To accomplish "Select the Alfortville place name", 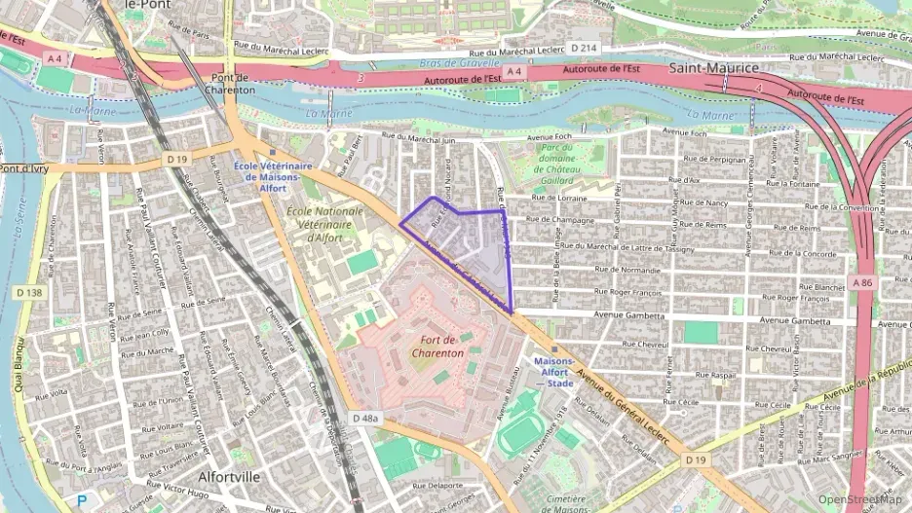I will [229, 477].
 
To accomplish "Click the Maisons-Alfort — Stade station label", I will [553, 371].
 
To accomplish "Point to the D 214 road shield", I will [584, 47].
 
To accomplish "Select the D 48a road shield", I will [363, 418].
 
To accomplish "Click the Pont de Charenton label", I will [229, 84].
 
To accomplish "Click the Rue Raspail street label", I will [715, 375].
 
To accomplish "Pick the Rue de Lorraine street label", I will [556, 198].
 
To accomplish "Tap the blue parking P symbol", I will [82, 501].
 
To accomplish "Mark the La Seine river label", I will [19, 230].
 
